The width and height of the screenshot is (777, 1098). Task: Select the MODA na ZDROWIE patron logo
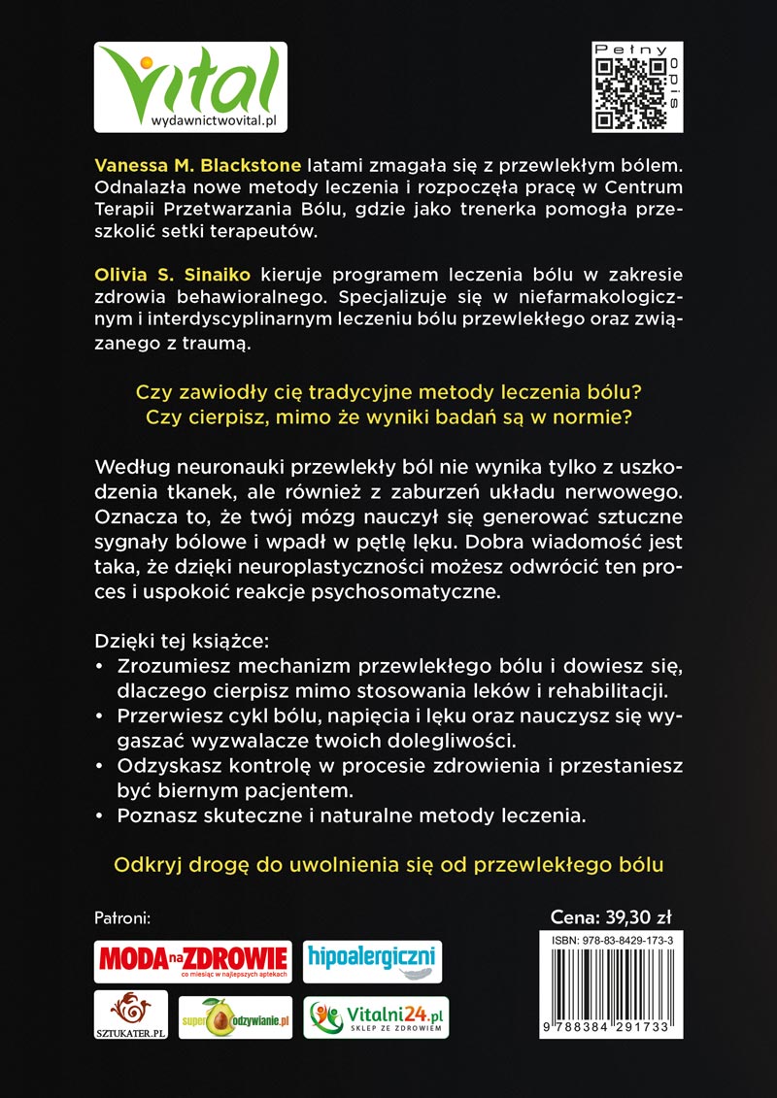(192, 961)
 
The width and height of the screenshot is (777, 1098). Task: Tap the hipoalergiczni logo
(372, 960)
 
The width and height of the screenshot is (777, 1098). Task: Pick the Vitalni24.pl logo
(377, 1017)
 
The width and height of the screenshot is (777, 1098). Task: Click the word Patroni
(128, 917)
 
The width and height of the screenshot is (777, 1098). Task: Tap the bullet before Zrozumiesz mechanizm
(102, 668)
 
